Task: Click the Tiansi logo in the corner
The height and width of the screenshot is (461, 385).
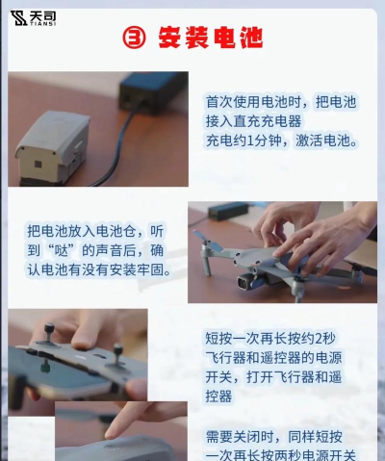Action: click(33, 18)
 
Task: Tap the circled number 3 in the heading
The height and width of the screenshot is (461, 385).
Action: click(134, 38)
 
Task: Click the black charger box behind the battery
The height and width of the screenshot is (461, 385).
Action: click(153, 93)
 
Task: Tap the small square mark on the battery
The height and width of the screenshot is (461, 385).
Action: click(38, 166)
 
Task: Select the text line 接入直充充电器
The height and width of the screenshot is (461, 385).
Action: click(254, 121)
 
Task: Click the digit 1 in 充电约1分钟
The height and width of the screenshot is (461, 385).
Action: click(251, 141)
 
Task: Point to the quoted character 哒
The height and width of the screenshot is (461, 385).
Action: click(62, 250)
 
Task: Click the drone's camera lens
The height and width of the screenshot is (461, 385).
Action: click(244, 283)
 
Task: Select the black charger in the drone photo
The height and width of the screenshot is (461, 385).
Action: click(228, 210)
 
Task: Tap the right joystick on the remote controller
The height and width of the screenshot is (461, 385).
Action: click(117, 353)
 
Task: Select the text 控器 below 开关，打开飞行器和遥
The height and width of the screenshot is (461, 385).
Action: click(218, 397)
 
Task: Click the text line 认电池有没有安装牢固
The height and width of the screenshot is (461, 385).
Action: click(99, 269)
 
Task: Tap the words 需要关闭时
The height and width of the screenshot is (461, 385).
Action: click(240, 437)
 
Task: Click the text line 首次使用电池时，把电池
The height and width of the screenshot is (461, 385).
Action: click(281, 102)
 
